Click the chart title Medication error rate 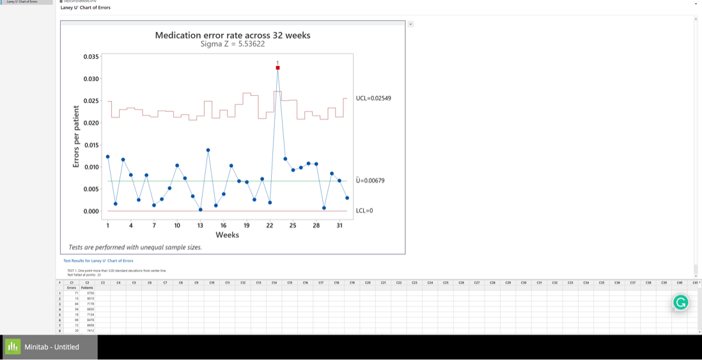click(233, 35)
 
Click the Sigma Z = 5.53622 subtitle click(233, 44)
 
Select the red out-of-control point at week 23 click(277, 68)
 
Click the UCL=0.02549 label click(373, 98)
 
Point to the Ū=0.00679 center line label click(370, 181)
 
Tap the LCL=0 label click(364, 211)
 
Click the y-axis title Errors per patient click(76, 137)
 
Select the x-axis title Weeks click(227, 235)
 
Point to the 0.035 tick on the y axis click(91, 57)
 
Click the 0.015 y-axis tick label click(91, 145)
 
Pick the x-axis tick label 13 click(200, 225)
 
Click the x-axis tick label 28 click(316, 225)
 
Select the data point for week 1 click(108, 157)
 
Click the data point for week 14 click(208, 150)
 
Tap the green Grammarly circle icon click(681, 302)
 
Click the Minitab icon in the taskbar click(13, 347)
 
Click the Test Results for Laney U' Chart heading click(98, 261)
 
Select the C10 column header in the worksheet click(212, 282)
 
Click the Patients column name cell click(87, 288)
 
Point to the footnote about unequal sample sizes click(135, 247)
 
